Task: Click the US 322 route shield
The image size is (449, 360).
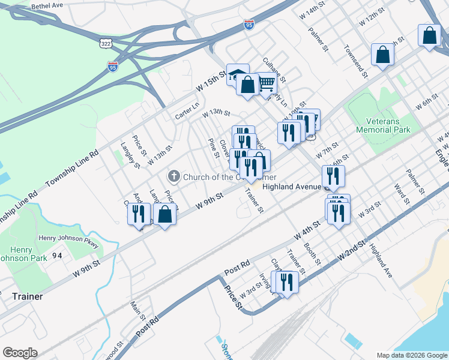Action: point(106,44)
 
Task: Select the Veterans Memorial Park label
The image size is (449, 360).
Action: point(387,125)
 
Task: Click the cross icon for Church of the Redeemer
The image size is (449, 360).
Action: point(173,176)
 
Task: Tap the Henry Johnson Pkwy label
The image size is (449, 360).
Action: point(68,238)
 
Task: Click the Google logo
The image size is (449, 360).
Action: point(20,353)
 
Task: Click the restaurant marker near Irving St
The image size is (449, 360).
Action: point(286,281)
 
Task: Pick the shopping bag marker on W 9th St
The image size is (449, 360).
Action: point(165,214)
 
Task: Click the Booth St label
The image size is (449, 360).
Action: point(313,254)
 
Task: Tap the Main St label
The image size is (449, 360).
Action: point(138,308)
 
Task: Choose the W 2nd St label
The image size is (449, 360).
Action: point(351,250)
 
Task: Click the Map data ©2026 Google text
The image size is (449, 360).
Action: point(411,355)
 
